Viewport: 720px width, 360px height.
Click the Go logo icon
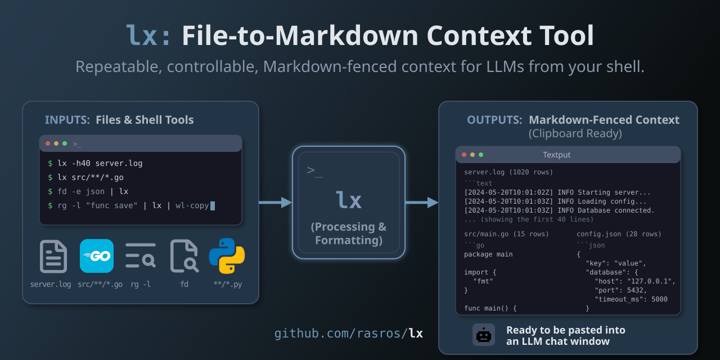[x=97, y=256]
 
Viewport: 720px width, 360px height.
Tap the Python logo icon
[x=227, y=256]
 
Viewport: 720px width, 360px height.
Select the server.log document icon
[x=53, y=256]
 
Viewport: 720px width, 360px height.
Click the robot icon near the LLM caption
[x=484, y=335]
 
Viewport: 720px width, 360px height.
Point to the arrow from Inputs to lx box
[x=275, y=202]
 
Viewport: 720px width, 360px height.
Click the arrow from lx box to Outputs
[x=421, y=202]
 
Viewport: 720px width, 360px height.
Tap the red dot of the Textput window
[x=464, y=155]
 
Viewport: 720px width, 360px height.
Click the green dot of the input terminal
[x=65, y=143]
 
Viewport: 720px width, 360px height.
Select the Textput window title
[x=557, y=155]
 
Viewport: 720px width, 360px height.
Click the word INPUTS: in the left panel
[x=67, y=120]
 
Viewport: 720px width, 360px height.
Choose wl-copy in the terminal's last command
[x=192, y=206]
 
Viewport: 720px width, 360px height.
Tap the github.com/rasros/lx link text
[x=349, y=334]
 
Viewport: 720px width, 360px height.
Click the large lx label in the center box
[x=349, y=201]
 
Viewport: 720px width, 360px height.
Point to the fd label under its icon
[x=184, y=284]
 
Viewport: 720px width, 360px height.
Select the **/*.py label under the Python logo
[x=228, y=284]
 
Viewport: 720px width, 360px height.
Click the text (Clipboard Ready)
[x=575, y=134]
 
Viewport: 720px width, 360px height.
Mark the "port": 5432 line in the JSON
[x=620, y=290]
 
